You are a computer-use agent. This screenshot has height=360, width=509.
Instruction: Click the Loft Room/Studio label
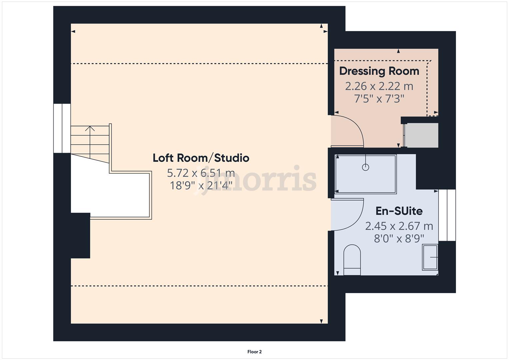click(x=201, y=158)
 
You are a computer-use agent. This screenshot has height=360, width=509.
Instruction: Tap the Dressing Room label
click(x=379, y=71)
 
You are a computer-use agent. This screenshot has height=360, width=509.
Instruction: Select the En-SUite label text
click(x=399, y=211)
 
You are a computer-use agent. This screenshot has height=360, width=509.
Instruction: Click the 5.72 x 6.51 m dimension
click(x=201, y=173)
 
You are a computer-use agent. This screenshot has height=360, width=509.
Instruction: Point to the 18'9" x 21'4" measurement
click(x=201, y=185)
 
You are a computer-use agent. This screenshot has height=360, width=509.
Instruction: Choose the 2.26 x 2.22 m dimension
click(x=379, y=86)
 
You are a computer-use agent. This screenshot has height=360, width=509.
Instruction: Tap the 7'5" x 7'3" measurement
click(x=379, y=99)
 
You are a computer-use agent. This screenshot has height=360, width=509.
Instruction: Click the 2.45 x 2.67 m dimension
click(x=399, y=226)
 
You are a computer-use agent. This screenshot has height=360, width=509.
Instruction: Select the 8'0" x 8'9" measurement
click(x=399, y=239)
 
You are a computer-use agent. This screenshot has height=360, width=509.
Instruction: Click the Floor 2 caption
click(x=254, y=352)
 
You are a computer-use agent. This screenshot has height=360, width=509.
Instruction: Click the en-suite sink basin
click(x=430, y=257)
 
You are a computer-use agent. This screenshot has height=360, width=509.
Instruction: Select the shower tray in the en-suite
click(x=366, y=174)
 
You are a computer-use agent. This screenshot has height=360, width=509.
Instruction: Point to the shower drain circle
click(x=365, y=167)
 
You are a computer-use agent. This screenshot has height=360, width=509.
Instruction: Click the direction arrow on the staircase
click(x=90, y=129)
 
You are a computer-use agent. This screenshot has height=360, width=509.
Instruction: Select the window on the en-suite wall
click(x=447, y=215)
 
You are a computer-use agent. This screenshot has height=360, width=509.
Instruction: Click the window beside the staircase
click(x=62, y=128)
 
